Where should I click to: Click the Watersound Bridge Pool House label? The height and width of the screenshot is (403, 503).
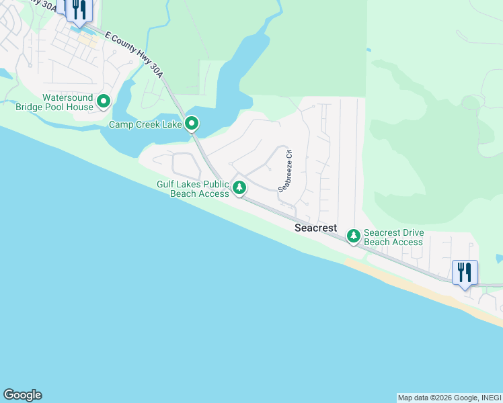point(67,102)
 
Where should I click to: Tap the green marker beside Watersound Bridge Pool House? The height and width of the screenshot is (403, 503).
point(104,102)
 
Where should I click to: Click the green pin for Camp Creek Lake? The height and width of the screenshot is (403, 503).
point(192,124)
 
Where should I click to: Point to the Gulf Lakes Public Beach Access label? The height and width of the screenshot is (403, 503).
point(193,189)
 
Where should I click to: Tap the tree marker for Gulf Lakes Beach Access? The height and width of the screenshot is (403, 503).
point(239,187)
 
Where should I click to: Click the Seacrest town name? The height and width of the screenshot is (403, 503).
point(315,228)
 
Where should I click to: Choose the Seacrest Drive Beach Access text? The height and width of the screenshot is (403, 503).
point(393,238)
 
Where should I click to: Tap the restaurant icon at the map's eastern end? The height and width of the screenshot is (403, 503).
point(465,272)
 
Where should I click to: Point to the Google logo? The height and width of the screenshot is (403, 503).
point(22,395)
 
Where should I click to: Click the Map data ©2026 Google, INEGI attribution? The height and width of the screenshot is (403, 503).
point(449,398)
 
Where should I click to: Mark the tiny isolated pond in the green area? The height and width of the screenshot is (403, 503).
point(369,50)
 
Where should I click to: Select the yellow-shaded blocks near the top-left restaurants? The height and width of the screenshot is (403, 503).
point(88,39)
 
